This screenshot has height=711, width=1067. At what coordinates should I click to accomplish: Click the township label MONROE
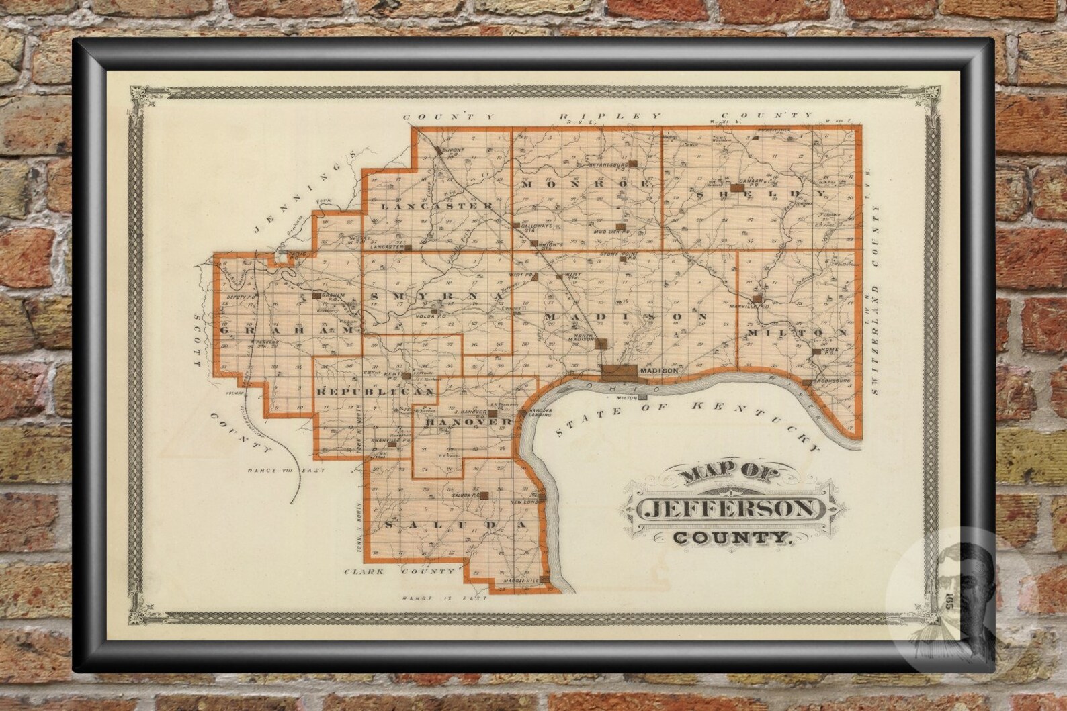(586, 183)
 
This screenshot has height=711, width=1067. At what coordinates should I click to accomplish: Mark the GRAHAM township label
(288, 331)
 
